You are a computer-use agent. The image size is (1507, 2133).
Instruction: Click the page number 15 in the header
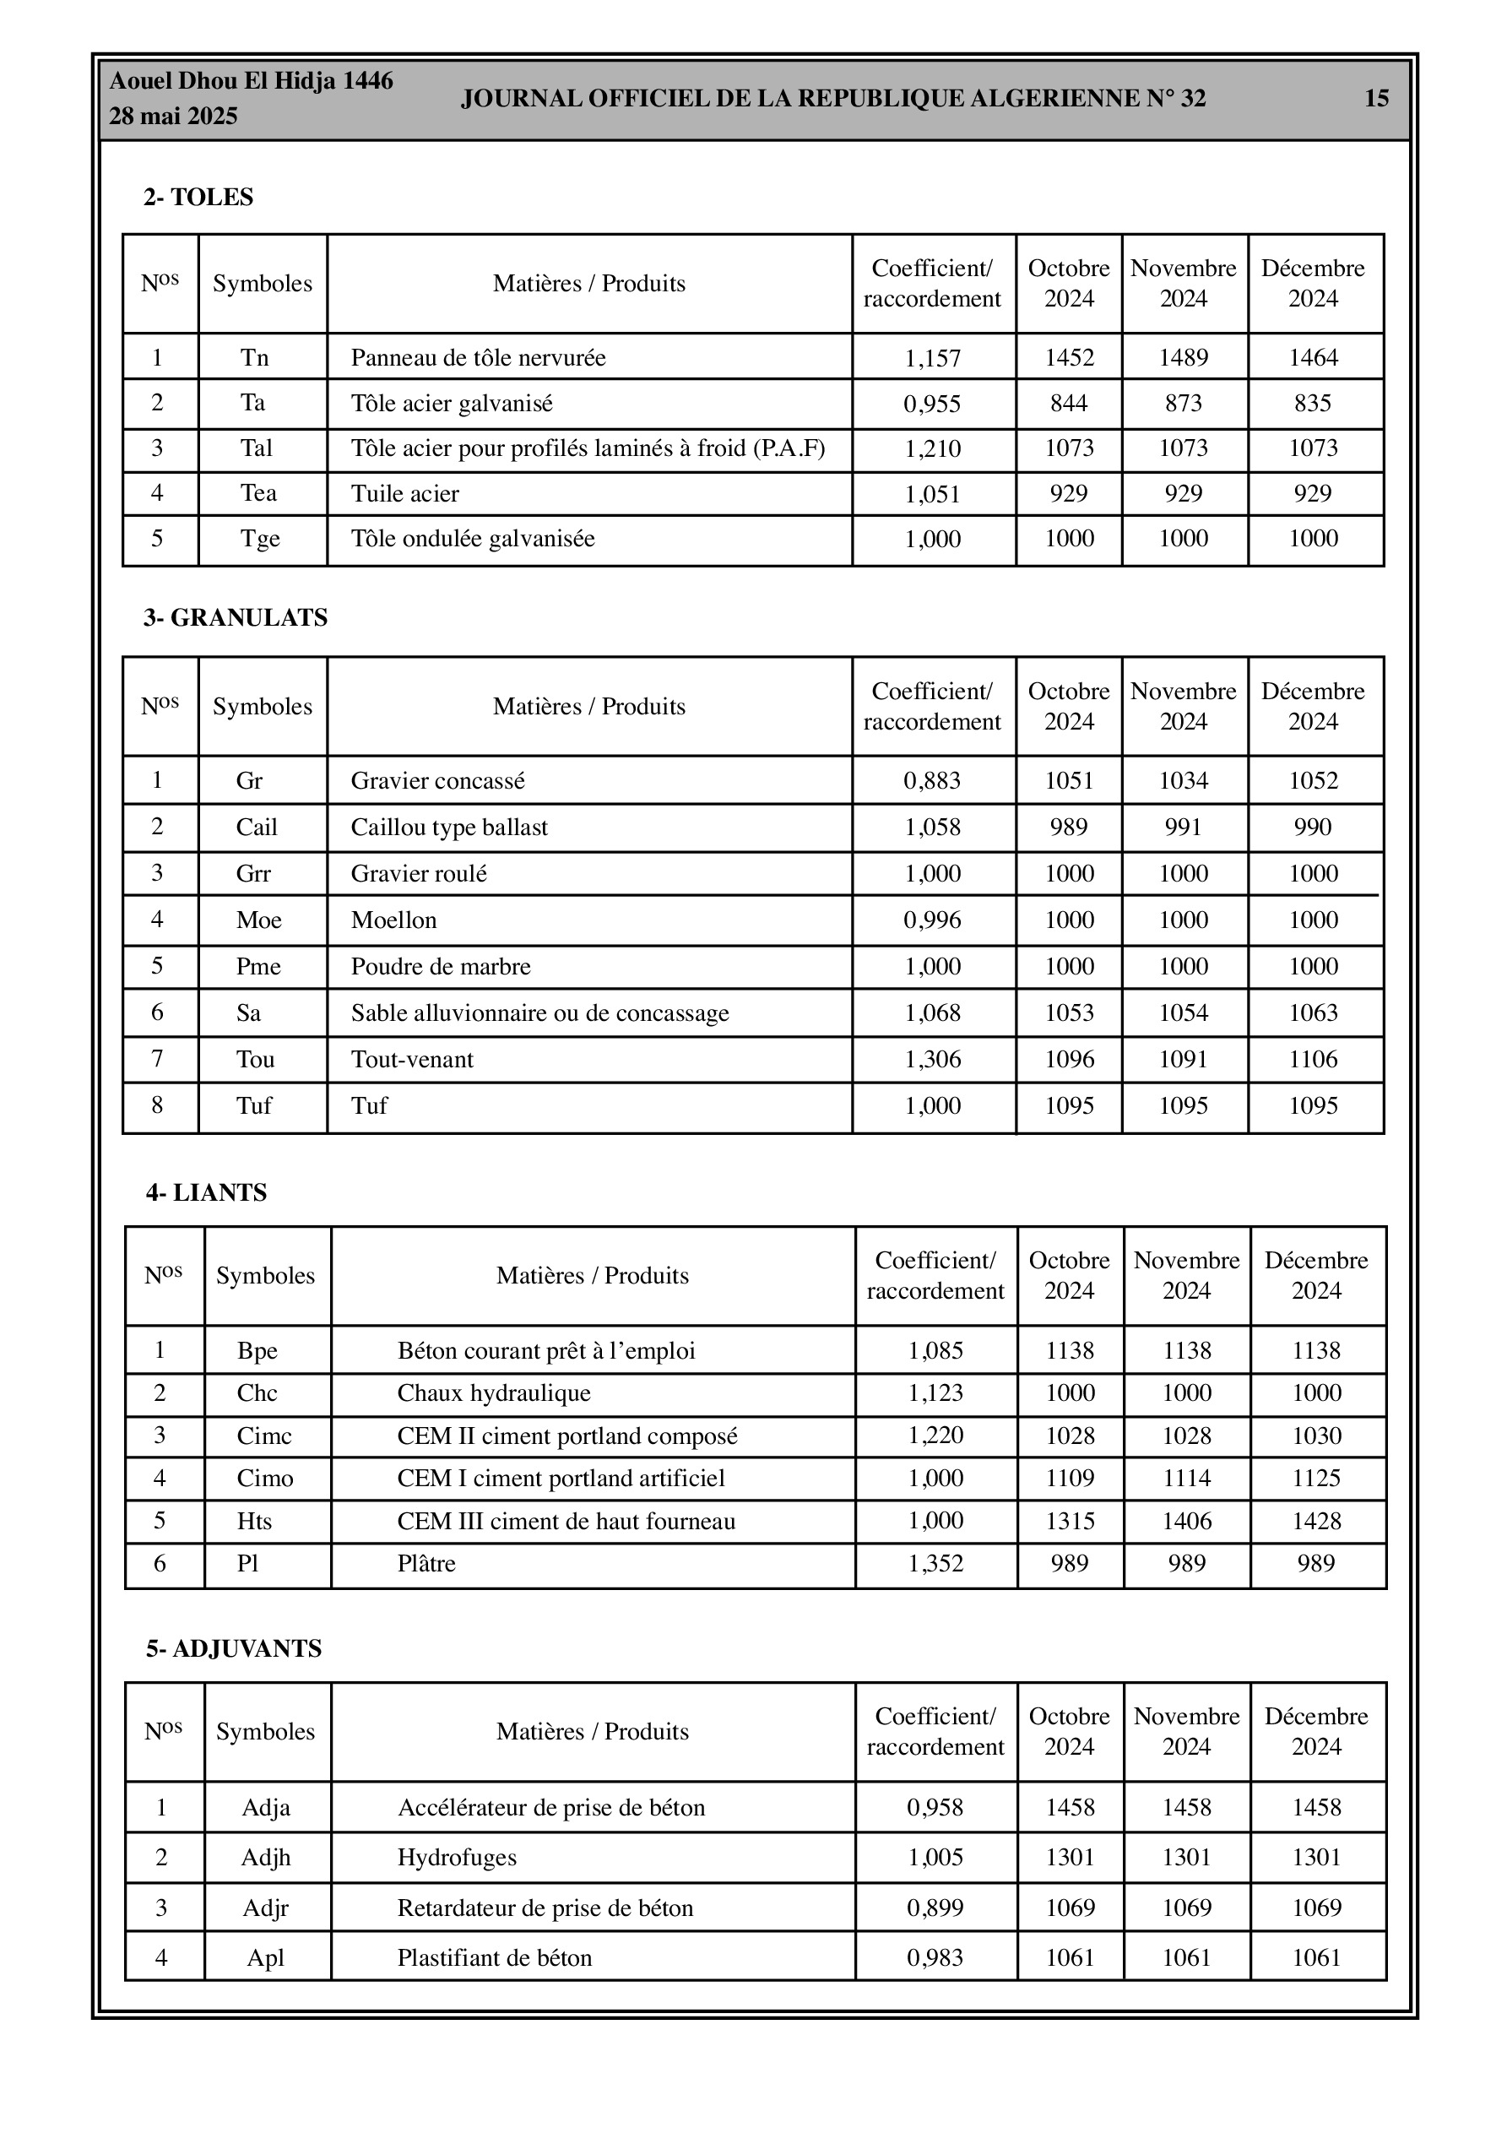(1376, 99)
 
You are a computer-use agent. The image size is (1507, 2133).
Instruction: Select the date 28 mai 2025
(174, 117)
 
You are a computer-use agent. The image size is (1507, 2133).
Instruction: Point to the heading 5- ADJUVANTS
(233, 1648)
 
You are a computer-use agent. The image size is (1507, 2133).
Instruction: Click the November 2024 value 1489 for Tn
(1183, 358)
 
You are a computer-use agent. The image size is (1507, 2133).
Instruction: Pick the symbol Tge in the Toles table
(260, 539)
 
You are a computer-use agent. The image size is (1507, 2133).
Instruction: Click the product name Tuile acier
(405, 493)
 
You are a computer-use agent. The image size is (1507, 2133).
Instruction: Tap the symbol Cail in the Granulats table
(257, 827)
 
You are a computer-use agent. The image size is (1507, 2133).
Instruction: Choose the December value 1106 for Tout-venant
(1313, 1059)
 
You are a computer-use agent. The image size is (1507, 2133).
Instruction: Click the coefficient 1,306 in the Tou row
(933, 1059)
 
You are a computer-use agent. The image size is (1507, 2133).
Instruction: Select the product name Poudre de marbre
(441, 966)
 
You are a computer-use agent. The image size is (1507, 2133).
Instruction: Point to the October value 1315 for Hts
(1071, 1521)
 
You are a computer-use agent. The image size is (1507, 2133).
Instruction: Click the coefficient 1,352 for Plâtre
(935, 1564)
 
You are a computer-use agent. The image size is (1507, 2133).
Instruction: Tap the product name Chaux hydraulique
(493, 1392)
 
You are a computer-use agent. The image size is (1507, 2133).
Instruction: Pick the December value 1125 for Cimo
(1316, 1478)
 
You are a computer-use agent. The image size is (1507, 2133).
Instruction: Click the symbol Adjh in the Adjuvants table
(266, 1857)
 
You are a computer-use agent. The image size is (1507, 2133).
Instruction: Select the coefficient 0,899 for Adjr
(935, 1908)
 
